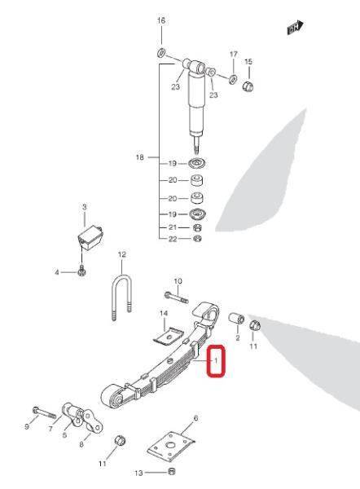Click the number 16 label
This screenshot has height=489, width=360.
(161, 20)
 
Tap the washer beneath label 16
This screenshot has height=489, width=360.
(160, 53)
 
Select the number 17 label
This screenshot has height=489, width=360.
(234, 55)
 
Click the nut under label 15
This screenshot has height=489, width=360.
(248, 86)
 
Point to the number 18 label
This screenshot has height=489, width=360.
(140, 157)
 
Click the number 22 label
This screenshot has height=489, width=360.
(173, 239)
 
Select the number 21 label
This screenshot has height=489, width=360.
(173, 227)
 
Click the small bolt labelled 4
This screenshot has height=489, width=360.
(81, 271)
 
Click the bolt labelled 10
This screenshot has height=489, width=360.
(176, 297)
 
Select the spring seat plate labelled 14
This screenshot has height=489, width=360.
(169, 337)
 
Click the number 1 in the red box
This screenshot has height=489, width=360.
(216, 361)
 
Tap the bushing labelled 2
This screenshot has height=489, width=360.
(236, 319)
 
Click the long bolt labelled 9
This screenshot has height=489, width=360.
(44, 412)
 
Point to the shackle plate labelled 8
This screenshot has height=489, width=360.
(92, 422)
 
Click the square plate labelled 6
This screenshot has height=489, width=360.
(171, 447)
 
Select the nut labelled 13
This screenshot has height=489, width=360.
(171, 470)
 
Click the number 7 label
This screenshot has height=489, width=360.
(50, 430)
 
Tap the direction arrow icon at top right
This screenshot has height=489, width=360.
(295, 28)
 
